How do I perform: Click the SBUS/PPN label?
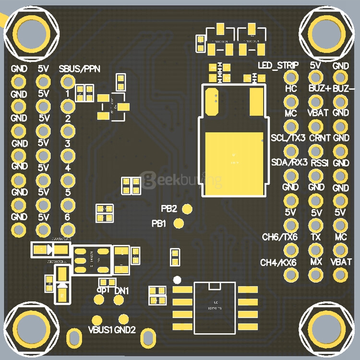[80, 69]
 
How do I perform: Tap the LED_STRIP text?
[278, 65]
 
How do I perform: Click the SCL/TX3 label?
[288, 138]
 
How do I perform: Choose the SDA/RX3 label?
[289, 163]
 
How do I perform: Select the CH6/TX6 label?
[279, 237]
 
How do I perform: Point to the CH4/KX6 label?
[278, 263]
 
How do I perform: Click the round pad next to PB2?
[188, 209]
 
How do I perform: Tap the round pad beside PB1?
[179, 223]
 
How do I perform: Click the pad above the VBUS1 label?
[97, 319]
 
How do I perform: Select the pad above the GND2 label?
[124, 319]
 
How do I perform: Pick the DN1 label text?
[122, 290]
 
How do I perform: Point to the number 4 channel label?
[68, 168]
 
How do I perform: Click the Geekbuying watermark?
[181, 180]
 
